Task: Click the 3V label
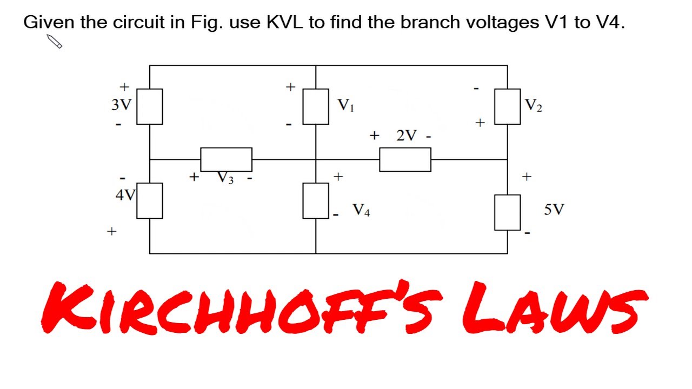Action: [121, 104]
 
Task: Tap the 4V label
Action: [125, 195]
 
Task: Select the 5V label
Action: [554, 210]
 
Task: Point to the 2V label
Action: [407, 136]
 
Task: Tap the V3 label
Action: [226, 177]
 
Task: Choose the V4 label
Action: [361, 210]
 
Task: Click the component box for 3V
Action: [150, 106]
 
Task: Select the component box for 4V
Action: [150, 200]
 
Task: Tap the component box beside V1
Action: [316, 106]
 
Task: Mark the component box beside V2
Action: [508, 106]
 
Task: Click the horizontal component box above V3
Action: [226, 159]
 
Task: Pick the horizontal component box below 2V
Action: [405, 159]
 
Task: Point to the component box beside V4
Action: [316, 200]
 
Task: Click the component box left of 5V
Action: [508, 212]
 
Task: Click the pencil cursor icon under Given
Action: [55, 42]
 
